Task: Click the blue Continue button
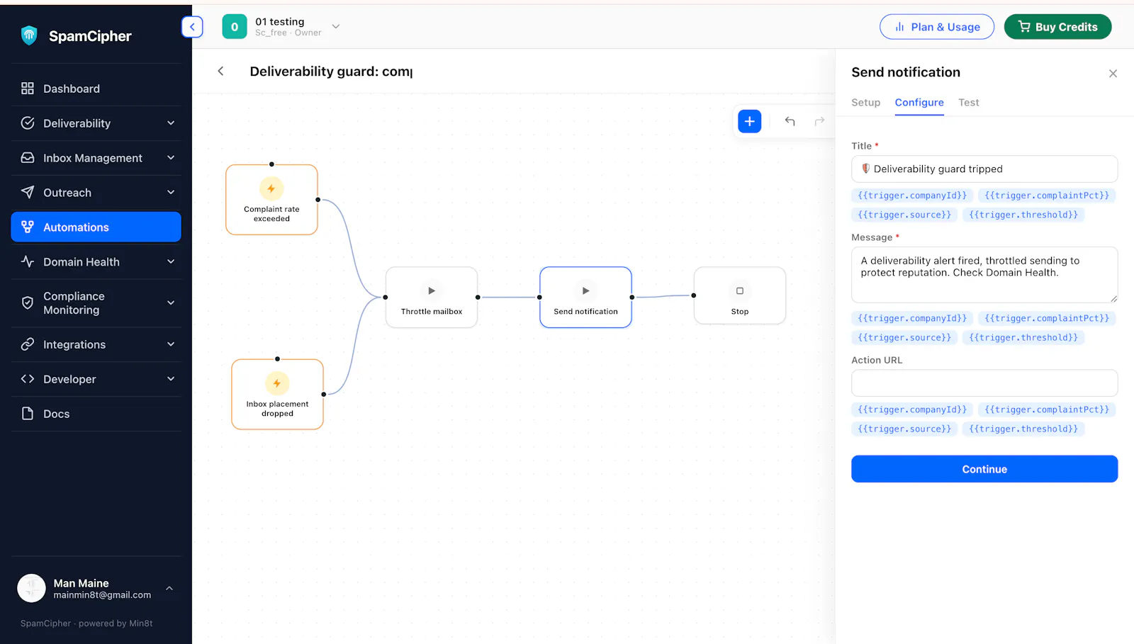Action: coord(984,468)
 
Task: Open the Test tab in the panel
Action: coord(968,102)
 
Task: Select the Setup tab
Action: coord(865,102)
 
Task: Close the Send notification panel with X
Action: coord(1113,74)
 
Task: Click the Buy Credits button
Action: coord(1057,27)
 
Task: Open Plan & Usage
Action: coord(936,27)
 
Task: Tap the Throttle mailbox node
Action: coord(432,297)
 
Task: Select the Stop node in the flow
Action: coord(740,295)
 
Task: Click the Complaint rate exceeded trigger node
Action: coord(272,199)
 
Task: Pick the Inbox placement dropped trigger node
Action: coord(277,394)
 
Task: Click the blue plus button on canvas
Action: coord(749,121)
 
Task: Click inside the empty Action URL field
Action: coord(984,383)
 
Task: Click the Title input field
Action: coord(984,169)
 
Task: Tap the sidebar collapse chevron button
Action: coord(192,27)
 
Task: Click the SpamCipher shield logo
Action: coord(29,35)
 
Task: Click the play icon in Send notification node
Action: coord(585,291)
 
